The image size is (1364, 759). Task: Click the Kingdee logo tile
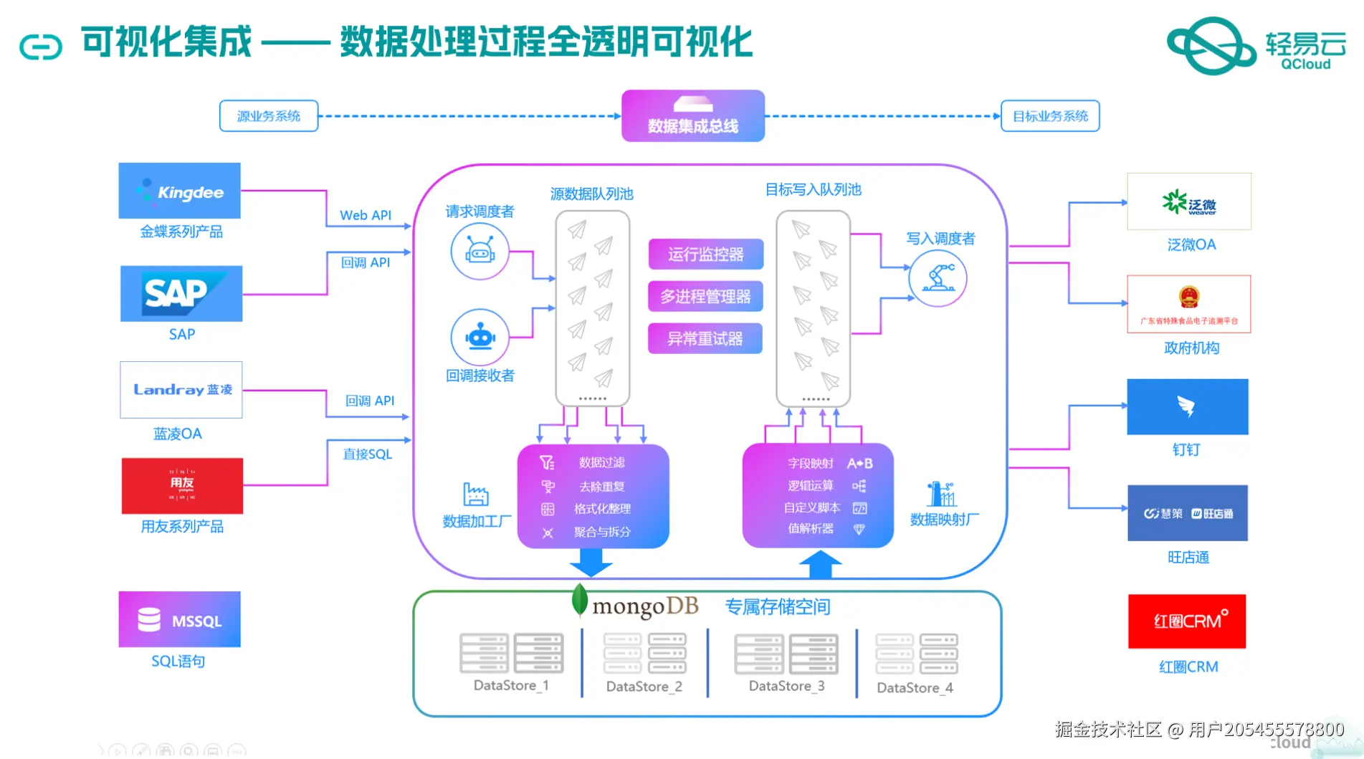tap(179, 191)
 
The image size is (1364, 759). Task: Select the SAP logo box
tap(181, 294)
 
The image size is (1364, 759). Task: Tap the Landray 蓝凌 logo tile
tap(181, 390)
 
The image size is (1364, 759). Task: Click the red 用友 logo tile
tap(182, 486)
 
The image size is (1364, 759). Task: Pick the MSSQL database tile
tap(179, 619)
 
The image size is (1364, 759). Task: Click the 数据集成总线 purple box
tap(692, 116)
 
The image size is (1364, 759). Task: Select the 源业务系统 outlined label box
tap(268, 116)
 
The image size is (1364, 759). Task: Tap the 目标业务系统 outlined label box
tap(1049, 116)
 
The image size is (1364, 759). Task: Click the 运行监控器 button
tap(705, 254)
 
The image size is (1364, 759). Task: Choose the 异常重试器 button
tap(705, 339)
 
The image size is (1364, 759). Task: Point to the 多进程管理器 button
tap(705, 297)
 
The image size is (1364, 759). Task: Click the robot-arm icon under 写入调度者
tap(938, 278)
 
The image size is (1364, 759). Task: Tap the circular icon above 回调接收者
tap(480, 337)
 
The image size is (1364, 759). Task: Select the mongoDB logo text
tap(644, 606)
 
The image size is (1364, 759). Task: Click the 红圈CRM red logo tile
tap(1187, 621)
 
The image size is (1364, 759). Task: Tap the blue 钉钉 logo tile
tap(1187, 406)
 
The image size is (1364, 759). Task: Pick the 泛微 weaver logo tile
tap(1188, 202)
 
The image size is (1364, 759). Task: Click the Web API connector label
tap(366, 215)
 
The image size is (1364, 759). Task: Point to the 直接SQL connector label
tap(367, 454)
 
